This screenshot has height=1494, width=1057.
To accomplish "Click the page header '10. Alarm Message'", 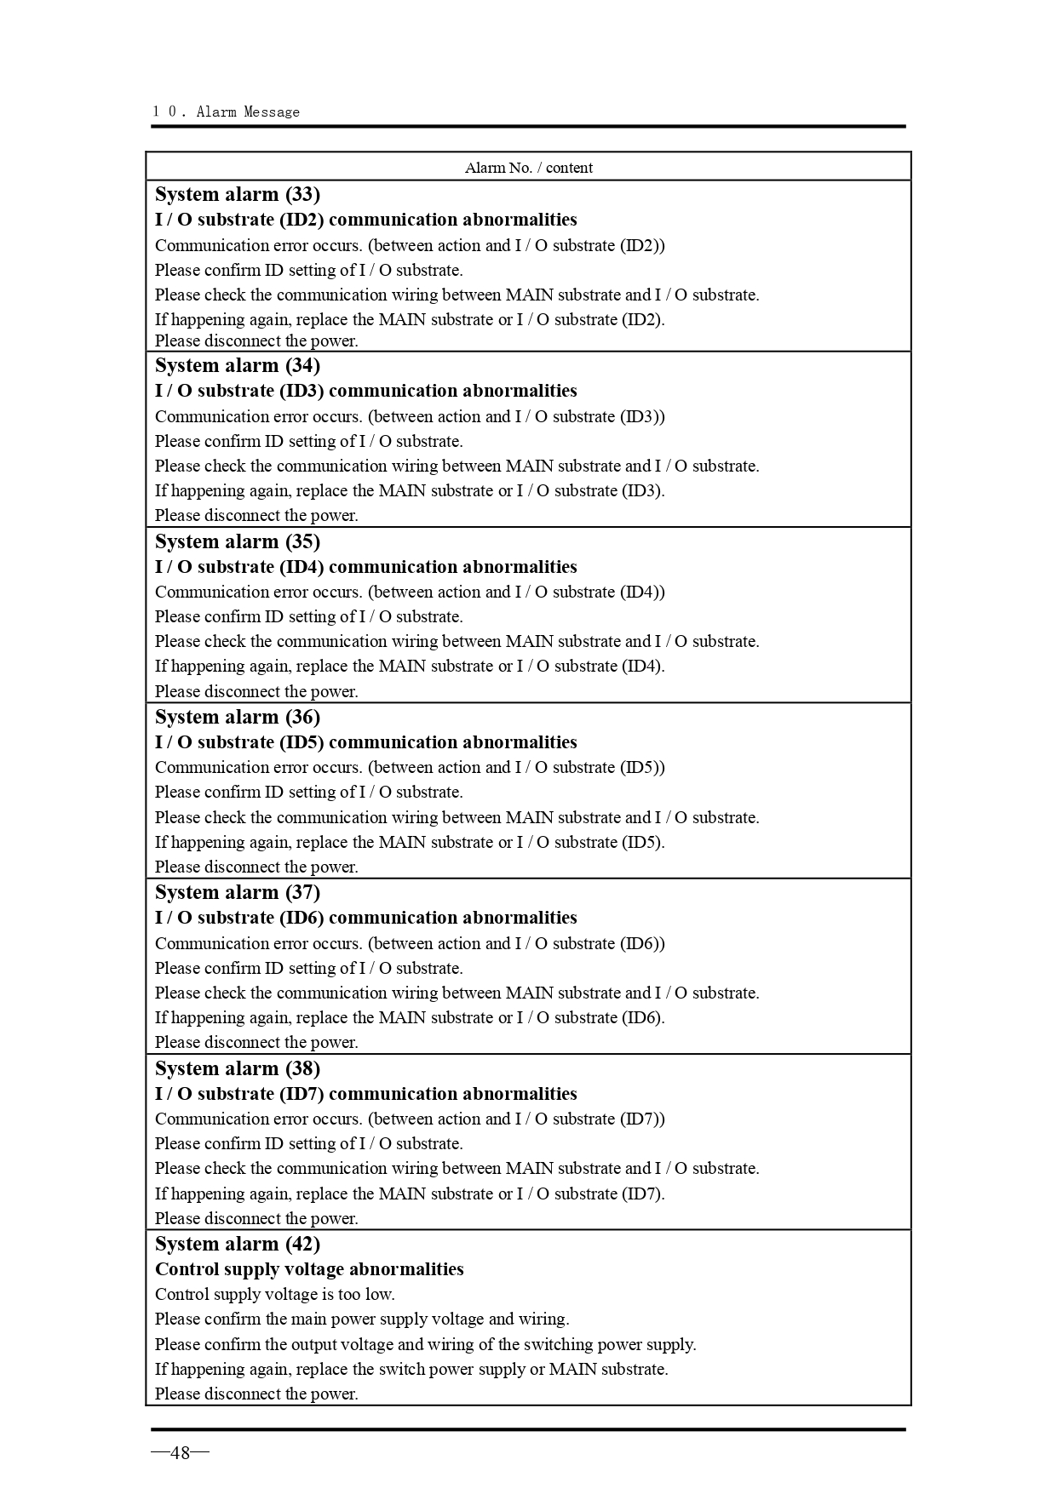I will [x=227, y=112].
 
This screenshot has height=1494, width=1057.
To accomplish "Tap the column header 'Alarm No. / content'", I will [x=528, y=168].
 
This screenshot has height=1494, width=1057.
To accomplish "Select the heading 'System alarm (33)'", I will [x=238, y=194].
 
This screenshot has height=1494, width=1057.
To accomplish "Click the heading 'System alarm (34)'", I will [x=238, y=365].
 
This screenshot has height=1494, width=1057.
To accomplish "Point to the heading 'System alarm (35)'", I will [x=238, y=541].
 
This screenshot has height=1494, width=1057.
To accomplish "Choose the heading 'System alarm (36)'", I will [x=238, y=717].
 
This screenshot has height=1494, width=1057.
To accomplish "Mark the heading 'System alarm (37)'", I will [x=238, y=892].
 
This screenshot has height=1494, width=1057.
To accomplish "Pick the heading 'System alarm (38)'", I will [x=238, y=1068].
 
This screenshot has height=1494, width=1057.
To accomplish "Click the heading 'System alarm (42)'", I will [x=238, y=1244].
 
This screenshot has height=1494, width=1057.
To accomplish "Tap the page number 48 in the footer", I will [x=180, y=1452].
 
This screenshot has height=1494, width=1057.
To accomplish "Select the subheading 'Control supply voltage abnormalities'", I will [x=309, y=1269].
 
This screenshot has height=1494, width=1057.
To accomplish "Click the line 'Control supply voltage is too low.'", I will [x=274, y=1294].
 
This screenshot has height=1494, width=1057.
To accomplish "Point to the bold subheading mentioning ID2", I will [x=365, y=220].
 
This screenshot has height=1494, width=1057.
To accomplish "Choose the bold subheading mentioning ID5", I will [x=365, y=742].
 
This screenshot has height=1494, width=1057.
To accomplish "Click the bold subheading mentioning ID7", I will [x=365, y=1094].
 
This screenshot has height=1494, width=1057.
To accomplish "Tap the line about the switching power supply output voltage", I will [x=425, y=1344].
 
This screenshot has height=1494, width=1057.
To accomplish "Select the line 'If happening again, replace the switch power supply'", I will [x=411, y=1369].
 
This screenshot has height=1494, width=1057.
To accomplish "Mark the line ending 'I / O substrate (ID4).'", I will [x=410, y=666].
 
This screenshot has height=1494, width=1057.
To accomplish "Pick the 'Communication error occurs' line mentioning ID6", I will [x=410, y=943].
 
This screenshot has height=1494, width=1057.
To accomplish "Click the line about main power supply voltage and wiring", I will [x=362, y=1319].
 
